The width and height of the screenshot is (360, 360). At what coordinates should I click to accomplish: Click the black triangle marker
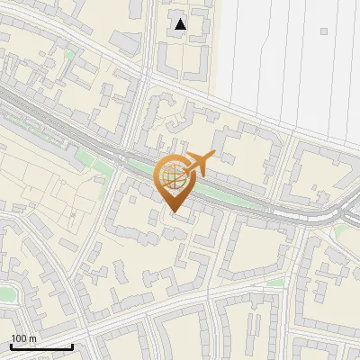181,25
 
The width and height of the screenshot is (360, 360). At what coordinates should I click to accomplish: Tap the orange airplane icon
199,163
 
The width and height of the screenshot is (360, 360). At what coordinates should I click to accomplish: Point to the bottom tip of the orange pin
174,213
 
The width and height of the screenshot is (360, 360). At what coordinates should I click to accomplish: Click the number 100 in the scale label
20,338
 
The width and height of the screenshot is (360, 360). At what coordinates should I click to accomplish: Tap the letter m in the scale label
33,338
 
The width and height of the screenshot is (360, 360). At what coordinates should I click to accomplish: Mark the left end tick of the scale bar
11,346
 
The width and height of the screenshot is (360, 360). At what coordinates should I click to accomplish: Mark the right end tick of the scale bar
72,346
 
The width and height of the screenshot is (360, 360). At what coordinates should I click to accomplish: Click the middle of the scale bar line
41,346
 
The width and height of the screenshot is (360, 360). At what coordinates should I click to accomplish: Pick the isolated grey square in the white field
323,30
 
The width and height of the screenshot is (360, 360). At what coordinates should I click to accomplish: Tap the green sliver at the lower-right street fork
275,282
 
